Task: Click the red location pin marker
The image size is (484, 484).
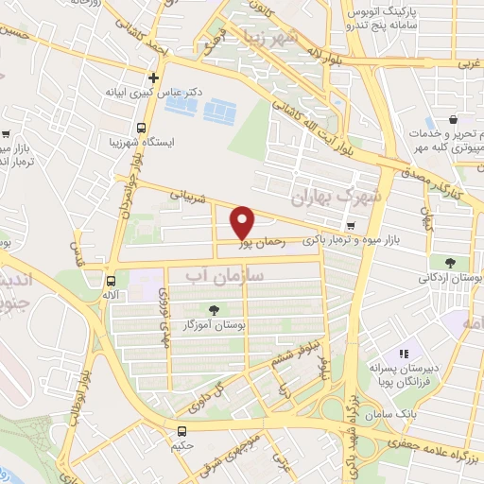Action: point(243,222)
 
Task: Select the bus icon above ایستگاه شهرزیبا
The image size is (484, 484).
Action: point(141,128)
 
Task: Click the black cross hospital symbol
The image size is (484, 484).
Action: point(153,78)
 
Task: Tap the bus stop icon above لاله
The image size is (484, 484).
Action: point(112,281)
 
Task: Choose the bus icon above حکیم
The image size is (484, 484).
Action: point(181,430)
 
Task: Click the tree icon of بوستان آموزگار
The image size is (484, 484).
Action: point(214,310)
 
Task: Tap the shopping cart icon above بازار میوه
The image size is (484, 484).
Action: point(352,226)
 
